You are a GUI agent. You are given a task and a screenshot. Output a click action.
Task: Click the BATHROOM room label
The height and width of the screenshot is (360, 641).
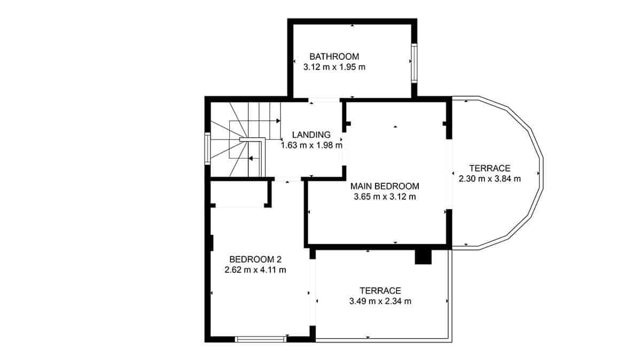coord(334,57)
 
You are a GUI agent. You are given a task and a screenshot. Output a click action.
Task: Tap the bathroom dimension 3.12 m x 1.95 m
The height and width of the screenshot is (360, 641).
coord(334,67)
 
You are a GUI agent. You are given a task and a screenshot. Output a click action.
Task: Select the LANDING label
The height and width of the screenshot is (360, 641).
coord(311,135)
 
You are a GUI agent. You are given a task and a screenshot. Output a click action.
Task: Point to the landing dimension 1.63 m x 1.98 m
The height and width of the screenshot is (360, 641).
coord(311,145)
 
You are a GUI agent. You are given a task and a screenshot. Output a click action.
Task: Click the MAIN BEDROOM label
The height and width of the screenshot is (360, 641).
coord(385,186)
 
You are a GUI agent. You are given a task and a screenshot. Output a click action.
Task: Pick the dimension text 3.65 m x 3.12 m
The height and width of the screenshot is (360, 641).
coord(385,197)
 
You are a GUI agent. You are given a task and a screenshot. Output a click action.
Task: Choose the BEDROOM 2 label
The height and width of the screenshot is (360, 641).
coord(255,260)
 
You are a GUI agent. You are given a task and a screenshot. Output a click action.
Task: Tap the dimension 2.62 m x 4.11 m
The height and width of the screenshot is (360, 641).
coord(255,270)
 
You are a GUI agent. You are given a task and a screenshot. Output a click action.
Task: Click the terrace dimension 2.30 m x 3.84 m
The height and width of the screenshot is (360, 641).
coord(490,179)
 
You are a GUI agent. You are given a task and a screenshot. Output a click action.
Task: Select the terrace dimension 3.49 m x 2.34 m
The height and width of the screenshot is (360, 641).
coord(380,301)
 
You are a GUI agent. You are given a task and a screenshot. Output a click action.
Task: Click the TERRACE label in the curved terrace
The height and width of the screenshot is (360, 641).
coord(490,168)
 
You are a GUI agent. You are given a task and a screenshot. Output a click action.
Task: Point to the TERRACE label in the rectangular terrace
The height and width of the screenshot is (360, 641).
coord(380,291)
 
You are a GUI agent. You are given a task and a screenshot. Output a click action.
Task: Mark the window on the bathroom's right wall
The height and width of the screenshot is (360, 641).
coord(413,62)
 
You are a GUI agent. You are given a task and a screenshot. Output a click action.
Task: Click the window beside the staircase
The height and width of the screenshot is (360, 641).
coord(207,148)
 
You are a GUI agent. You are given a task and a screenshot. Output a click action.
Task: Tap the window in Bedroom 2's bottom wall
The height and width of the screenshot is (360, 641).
coord(261,339)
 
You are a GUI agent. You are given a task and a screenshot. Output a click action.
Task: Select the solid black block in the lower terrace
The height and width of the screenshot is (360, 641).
coord(423,257)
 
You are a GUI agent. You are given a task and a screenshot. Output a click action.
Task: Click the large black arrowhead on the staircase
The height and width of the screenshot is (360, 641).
coord(251,158)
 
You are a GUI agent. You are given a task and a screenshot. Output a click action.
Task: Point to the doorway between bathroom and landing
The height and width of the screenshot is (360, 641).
coord(324,99)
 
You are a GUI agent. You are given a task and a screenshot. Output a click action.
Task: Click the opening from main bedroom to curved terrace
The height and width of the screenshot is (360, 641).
coord(449,174)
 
